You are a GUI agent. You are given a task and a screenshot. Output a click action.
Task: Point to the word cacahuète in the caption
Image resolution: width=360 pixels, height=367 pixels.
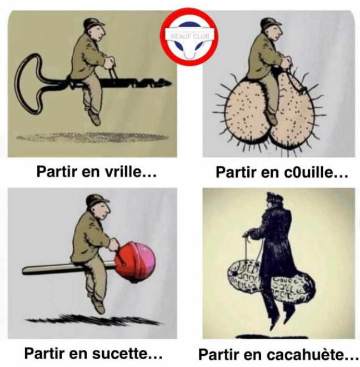pyautogui.click(x=303, y=354)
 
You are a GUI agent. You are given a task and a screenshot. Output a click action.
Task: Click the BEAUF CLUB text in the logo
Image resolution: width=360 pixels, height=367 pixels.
pyautogui.click(x=189, y=36)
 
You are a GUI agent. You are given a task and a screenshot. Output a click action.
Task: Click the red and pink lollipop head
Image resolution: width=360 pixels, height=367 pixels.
pyautogui.click(x=135, y=262)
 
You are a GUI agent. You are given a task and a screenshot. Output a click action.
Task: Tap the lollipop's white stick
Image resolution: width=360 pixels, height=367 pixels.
pyautogui.click(x=68, y=269)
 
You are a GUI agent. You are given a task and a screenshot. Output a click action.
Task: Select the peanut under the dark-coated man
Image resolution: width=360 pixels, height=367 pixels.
pyautogui.click(x=271, y=279)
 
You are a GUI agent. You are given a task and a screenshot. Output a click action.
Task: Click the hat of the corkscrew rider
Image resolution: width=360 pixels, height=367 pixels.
pyautogui.click(x=93, y=23)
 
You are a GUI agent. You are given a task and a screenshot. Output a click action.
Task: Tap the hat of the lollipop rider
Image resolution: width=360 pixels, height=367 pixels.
pyautogui.click(x=96, y=200)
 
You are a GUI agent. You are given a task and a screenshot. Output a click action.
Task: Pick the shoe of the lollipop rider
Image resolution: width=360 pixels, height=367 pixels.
pyautogui.click(x=98, y=306)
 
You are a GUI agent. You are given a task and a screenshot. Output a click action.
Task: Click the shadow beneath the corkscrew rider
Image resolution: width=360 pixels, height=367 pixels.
pyautogui.click(x=92, y=138)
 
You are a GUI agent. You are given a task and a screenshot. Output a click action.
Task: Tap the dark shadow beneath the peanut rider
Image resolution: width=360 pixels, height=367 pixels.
pyautogui.click(x=272, y=337)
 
